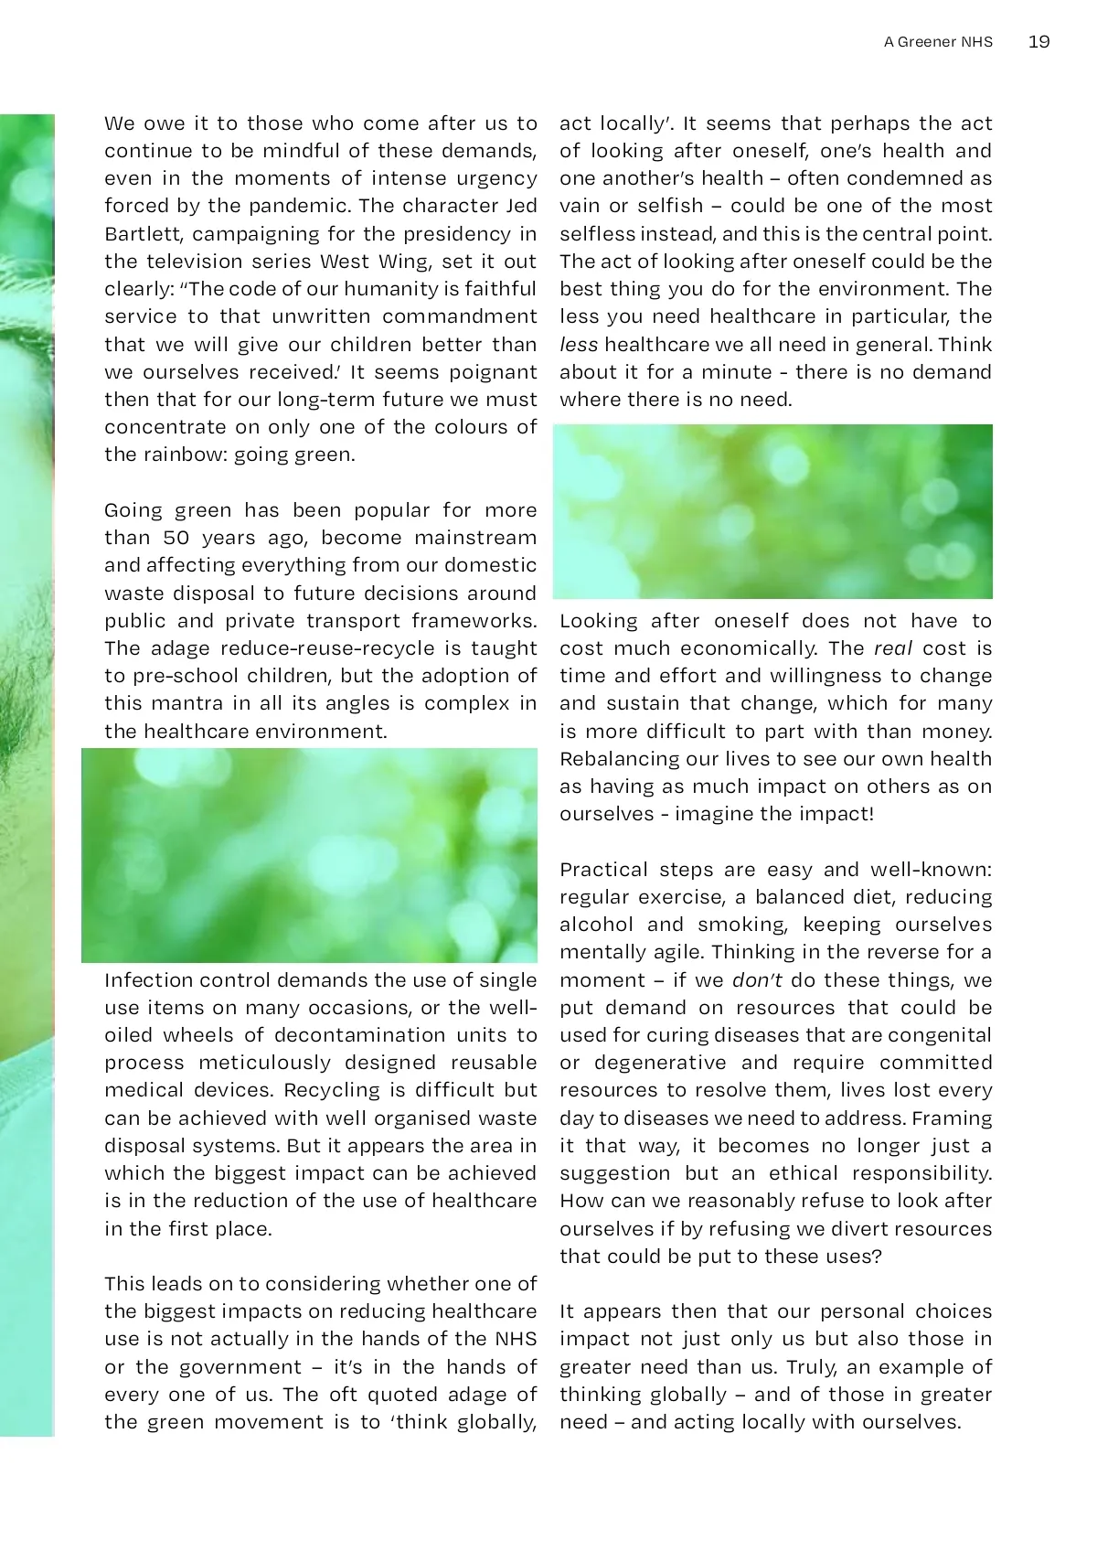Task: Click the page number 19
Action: click(x=1038, y=42)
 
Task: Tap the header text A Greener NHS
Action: click(x=938, y=42)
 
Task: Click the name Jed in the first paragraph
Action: click(x=518, y=206)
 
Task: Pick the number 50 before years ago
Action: click(x=176, y=538)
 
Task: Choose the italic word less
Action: click(x=579, y=345)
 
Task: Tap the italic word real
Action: click(x=893, y=648)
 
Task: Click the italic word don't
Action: click(x=757, y=980)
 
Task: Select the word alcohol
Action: click(x=596, y=925)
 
